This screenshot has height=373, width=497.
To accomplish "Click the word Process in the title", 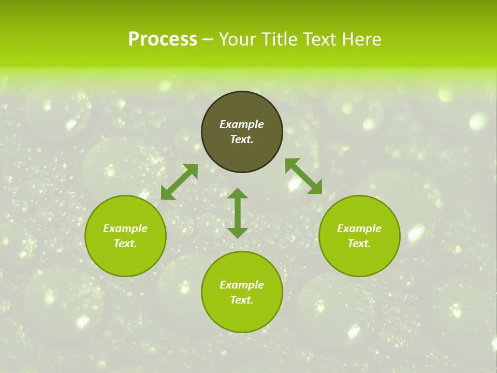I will click(x=163, y=39).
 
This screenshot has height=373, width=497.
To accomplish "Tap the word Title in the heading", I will click(x=278, y=39).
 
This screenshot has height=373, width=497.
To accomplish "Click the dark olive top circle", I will click(x=242, y=155).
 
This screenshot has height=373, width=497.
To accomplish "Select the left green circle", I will click(x=125, y=259).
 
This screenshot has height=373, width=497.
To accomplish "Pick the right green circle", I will click(x=359, y=259).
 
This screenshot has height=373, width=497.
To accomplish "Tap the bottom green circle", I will click(x=242, y=316).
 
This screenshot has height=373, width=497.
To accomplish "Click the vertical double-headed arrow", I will click(x=238, y=213).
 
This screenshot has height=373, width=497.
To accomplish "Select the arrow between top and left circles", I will click(x=179, y=182).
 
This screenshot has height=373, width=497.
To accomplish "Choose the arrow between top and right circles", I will click(x=303, y=176).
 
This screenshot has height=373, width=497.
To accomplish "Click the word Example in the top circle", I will click(x=242, y=124).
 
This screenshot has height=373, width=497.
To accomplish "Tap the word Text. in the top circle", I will click(x=242, y=139).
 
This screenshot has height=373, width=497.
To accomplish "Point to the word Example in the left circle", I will click(x=125, y=228).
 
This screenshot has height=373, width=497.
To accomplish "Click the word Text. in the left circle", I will click(x=125, y=243).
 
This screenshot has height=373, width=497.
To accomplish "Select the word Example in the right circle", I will click(x=359, y=228).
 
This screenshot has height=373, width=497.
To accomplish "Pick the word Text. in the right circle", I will click(x=359, y=243).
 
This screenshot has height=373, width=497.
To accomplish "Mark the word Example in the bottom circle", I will click(x=242, y=285).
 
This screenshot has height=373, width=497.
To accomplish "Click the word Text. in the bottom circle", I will click(x=242, y=300).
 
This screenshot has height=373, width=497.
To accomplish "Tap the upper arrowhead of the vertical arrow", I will click(x=238, y=194).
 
